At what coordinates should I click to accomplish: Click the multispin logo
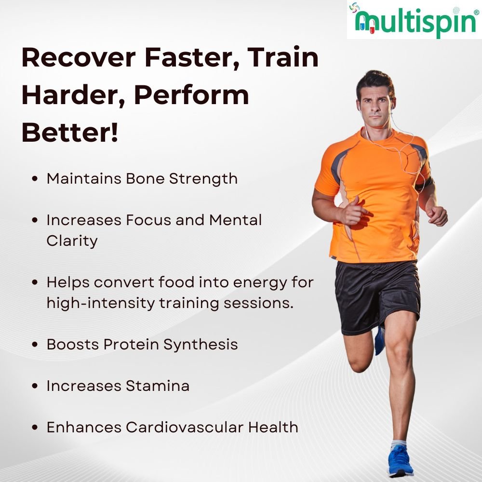pos(415,20)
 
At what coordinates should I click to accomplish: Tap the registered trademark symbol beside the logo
pos(477,13)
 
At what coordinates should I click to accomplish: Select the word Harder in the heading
pos(73,95)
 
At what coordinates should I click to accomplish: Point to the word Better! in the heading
pos(70,133)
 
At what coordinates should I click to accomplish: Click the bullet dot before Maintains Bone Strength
pos(35,179)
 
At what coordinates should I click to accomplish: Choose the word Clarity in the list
pos(72,241)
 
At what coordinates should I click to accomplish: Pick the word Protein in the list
pos(131,344)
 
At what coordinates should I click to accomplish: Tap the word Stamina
pos(158,386)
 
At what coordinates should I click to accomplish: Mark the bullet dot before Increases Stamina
pos(35,386)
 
